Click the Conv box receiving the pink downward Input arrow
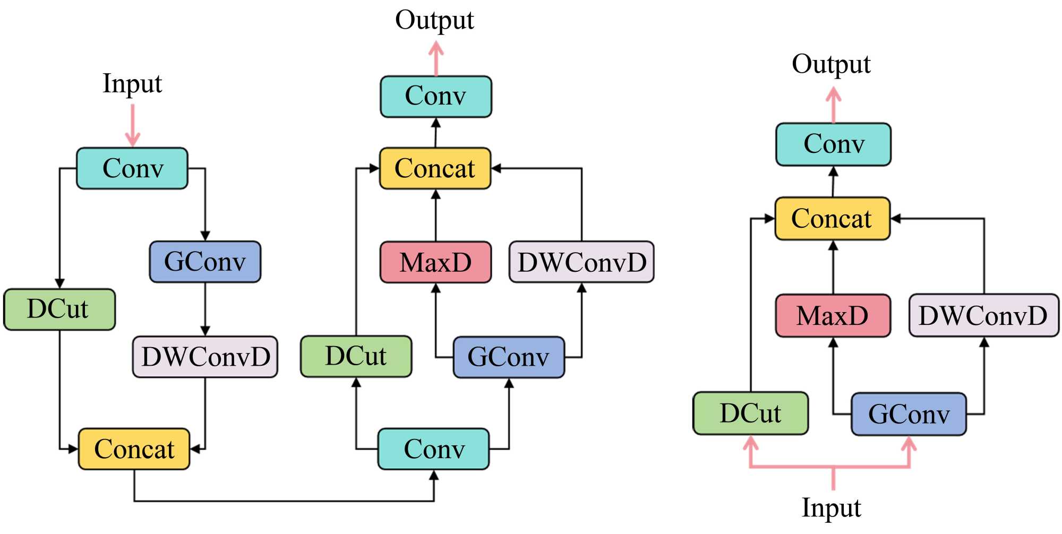click(x=132, y=168)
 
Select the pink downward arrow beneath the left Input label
click(x=132, y=125)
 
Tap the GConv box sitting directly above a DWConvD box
click(x=205, y=262)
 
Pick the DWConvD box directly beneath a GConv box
click(x=205, y=357)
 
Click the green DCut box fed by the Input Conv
click(x=59, y=309)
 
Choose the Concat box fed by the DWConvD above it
click(x=134, y=449)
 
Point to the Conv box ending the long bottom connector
click(x=433, y=449)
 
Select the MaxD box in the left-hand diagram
click(x=435, y=262)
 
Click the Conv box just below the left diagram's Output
click(x=435, y=97)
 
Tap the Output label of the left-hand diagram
click(x=434, y=20)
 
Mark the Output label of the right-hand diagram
click(x=831, y=65)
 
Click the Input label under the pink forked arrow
click(x=831, y=508)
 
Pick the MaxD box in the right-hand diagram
click(x=833, y=316)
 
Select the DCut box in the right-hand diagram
click(x=750, y=414)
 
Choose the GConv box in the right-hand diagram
click(x=909, y=415)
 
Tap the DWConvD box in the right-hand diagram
click(x=983, y=316)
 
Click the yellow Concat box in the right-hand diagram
click(x=832, y=219)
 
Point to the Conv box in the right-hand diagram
click(x=833, y=144)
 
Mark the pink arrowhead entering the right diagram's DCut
click(x=750, y=443)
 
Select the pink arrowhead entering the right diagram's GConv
click(x=909, y=443)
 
